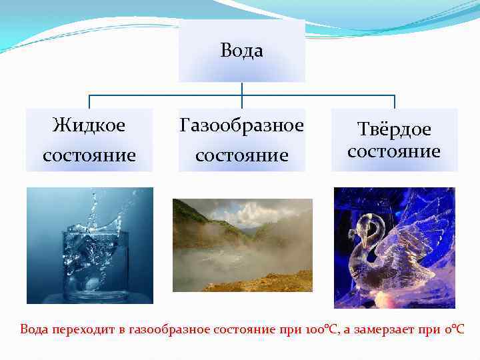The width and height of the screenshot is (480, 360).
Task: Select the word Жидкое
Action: click(x=89, y=125)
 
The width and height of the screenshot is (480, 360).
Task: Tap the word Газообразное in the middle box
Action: click(x=241, y=125)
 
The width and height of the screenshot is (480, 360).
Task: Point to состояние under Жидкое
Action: click(x=89, y=155)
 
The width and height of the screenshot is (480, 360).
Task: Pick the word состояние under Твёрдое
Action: click(x=394, y=151)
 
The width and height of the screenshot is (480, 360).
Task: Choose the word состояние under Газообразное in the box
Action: click(x=241, y=155)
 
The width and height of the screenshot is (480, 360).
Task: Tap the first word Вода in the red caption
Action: click(x=34, y=329)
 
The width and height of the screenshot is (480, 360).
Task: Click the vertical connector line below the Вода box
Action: click(x=241, y=89)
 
